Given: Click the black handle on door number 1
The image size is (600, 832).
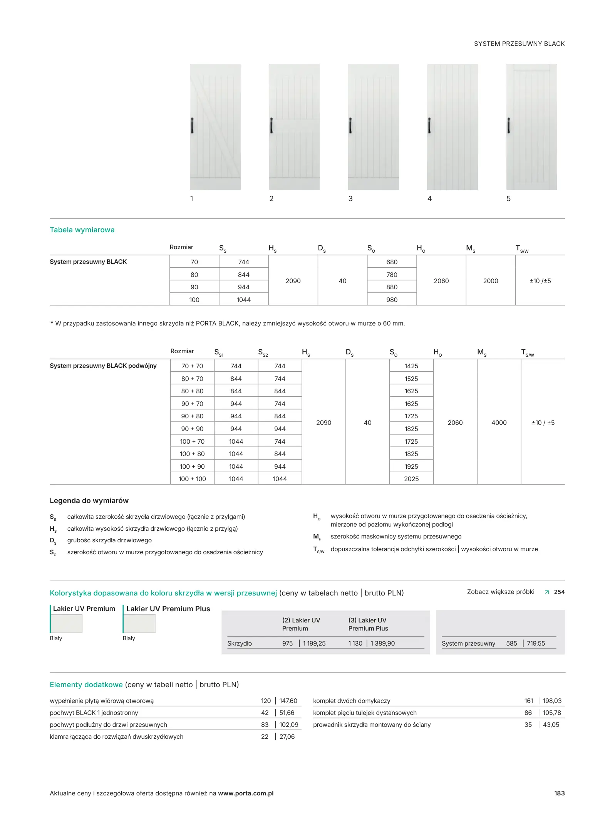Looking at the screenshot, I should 192,126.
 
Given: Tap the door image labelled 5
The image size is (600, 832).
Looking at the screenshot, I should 531,127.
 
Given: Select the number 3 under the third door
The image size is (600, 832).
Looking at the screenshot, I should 350,199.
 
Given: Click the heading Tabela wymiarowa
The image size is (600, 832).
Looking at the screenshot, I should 82,230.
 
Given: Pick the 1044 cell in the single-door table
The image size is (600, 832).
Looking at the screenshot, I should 244,300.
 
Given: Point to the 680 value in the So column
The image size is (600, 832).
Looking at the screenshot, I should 392,262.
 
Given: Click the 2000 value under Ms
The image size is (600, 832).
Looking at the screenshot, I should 491,281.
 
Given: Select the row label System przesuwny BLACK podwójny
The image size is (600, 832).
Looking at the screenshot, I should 103,366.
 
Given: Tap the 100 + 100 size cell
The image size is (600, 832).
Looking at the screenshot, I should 192,479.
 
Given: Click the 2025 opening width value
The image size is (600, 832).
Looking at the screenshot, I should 411,479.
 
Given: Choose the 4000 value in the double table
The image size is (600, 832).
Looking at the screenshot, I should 499,423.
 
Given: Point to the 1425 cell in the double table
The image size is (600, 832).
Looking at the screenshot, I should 411,366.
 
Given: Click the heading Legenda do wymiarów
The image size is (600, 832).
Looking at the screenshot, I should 89,501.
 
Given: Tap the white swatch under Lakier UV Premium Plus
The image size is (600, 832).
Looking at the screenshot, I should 139,624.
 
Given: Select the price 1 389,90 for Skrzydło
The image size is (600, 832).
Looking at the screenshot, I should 382,643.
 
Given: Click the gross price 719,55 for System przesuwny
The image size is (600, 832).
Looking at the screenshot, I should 536,643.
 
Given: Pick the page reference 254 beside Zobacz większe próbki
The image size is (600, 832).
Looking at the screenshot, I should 559,592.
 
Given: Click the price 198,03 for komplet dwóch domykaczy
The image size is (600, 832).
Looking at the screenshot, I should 552,701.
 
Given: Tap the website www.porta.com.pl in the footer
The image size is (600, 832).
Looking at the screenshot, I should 246,793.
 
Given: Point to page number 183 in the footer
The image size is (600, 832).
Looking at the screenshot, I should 559,793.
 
